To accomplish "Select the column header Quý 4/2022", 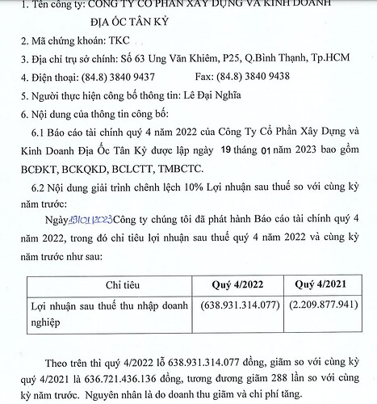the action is pos(239,284).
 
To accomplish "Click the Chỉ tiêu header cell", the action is pos(112,284).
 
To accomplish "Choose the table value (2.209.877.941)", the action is pos(321,307).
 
